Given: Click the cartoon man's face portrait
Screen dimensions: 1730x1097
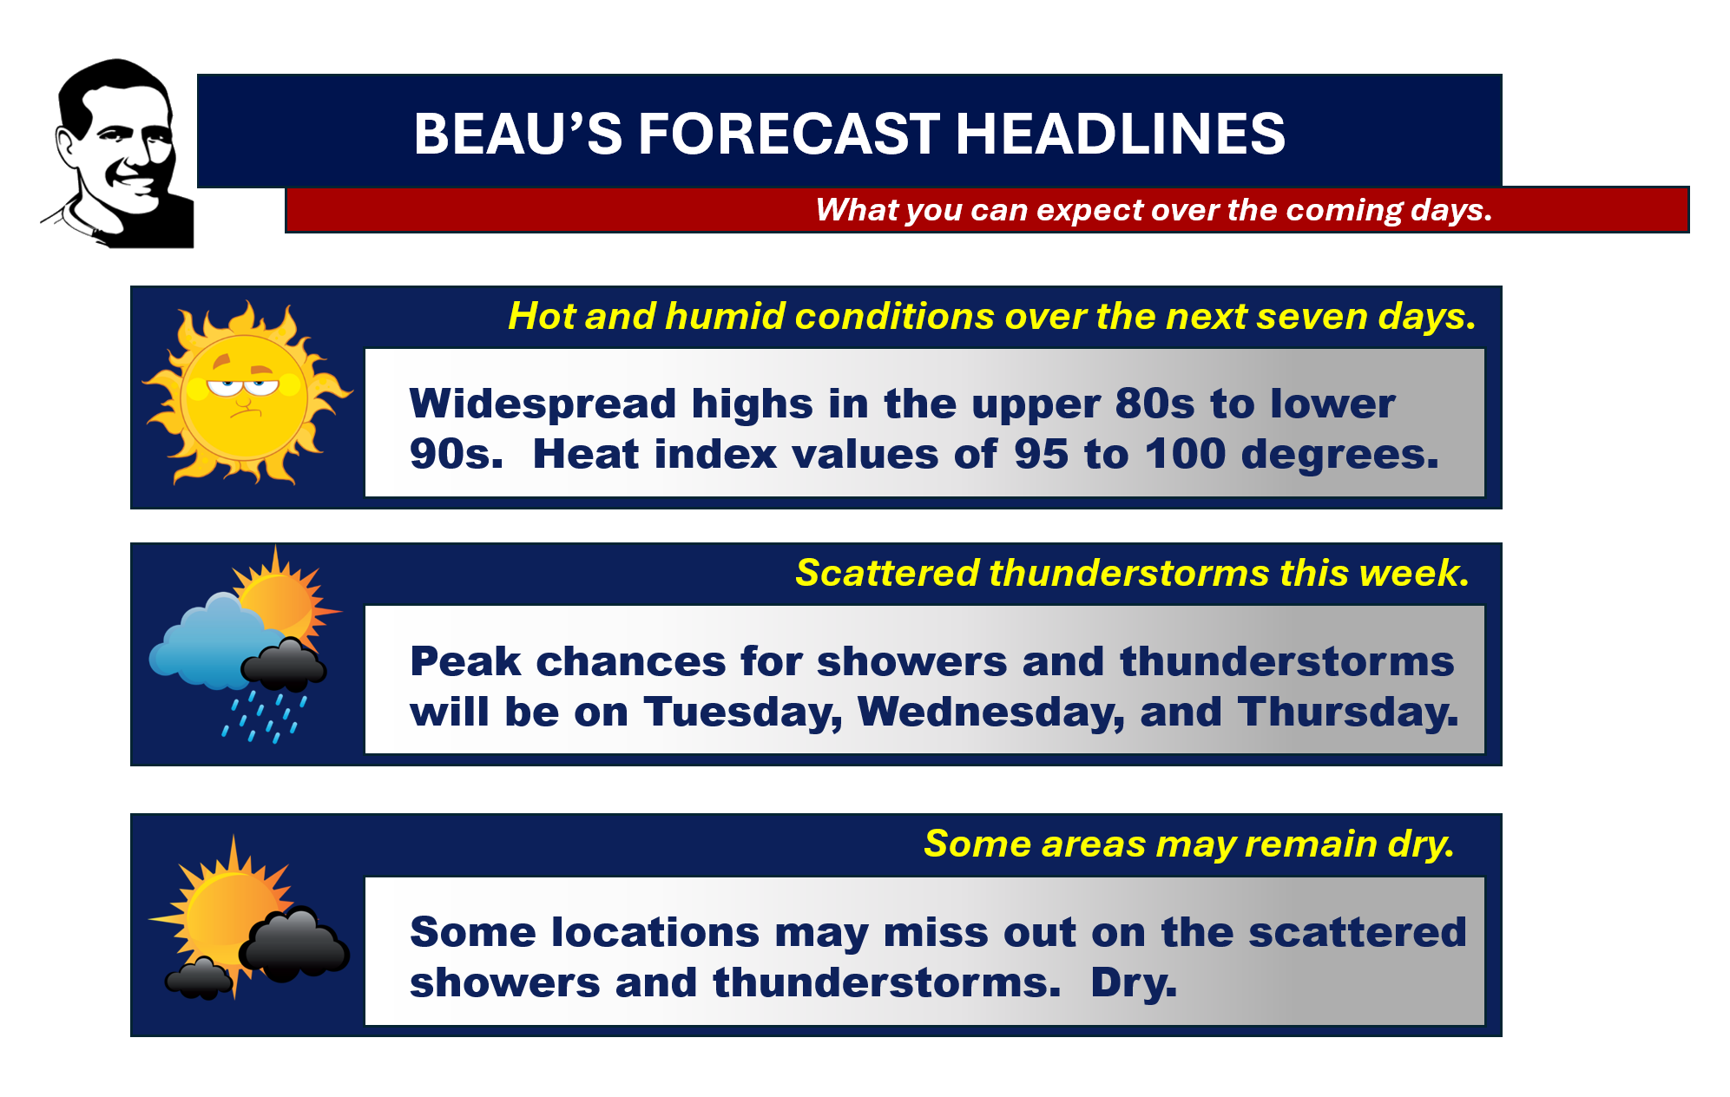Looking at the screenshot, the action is pos(117,154).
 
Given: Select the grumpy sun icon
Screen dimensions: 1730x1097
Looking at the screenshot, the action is pos(247,393).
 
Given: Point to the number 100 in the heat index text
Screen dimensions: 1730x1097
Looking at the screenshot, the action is pos(1185,454).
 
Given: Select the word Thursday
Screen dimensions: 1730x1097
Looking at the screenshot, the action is pos(1348,713).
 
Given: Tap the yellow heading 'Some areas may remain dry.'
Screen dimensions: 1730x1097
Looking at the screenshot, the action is pos(1189,844).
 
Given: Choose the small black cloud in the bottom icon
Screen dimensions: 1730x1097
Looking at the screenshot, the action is pos(200,977).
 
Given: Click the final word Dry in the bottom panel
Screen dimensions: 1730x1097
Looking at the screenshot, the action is pos(1134,983).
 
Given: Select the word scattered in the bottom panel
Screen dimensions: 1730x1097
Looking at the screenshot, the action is pos(1357,932).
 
